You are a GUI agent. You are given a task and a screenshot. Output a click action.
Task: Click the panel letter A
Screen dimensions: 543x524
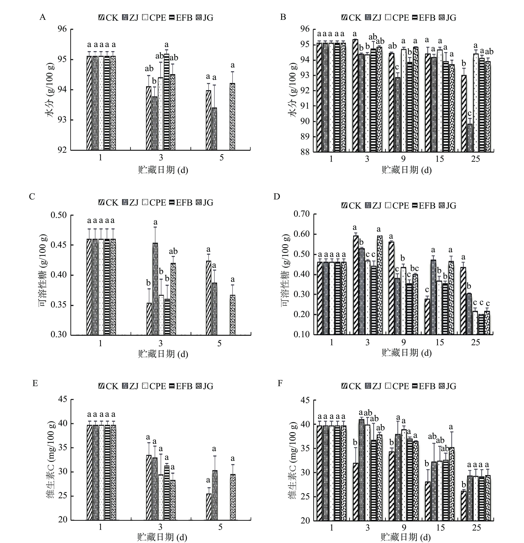(x=42, y=17)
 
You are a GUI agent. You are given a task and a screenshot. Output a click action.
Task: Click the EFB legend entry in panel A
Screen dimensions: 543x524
(x=181, y=18)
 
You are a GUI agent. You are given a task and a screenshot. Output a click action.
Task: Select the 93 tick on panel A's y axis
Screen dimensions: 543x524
(x=62, y=120)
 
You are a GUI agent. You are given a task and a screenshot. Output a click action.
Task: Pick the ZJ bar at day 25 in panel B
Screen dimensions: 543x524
(x=470, y=138)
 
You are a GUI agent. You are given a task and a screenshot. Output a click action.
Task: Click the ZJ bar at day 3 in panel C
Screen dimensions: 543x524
(x=155, y=289)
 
